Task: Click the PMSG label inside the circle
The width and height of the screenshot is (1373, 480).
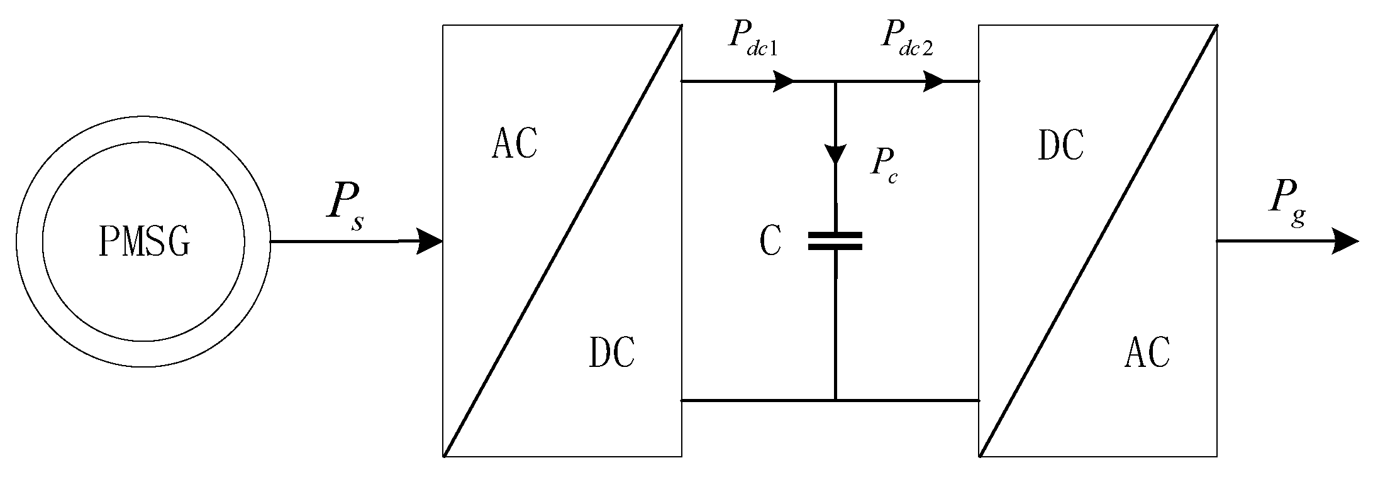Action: pos(144,242)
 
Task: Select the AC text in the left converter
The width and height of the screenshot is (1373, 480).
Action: pos(514,144)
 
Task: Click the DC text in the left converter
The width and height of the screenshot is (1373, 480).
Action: pos(611,352)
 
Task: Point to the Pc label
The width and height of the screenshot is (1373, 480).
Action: pos(883,165)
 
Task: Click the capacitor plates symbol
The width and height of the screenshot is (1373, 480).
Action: pos(835,241)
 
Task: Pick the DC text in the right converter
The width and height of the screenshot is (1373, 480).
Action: pos(1061,145)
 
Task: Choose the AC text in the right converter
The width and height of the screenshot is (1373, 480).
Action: pos(1147,352)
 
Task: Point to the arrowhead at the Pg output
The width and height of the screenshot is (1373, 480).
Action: pos(1347,242)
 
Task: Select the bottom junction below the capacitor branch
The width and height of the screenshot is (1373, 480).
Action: pos(835,400)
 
